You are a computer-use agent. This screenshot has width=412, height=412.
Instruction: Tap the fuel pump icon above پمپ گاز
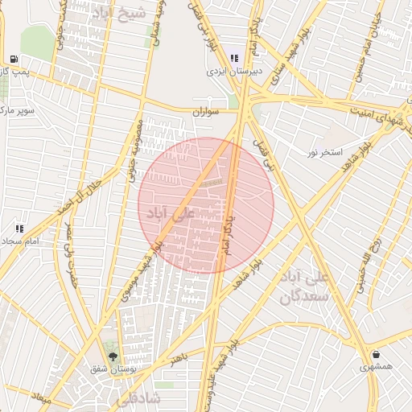[14, 59]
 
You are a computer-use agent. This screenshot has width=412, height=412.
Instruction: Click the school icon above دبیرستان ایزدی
[234, 58]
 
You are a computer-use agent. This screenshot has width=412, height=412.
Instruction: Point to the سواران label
[205, 112]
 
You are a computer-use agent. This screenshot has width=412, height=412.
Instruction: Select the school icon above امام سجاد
[19, 229]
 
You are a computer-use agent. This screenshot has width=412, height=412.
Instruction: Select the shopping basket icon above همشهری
[377, 354]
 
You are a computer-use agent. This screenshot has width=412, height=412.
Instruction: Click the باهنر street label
[179, 357]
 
